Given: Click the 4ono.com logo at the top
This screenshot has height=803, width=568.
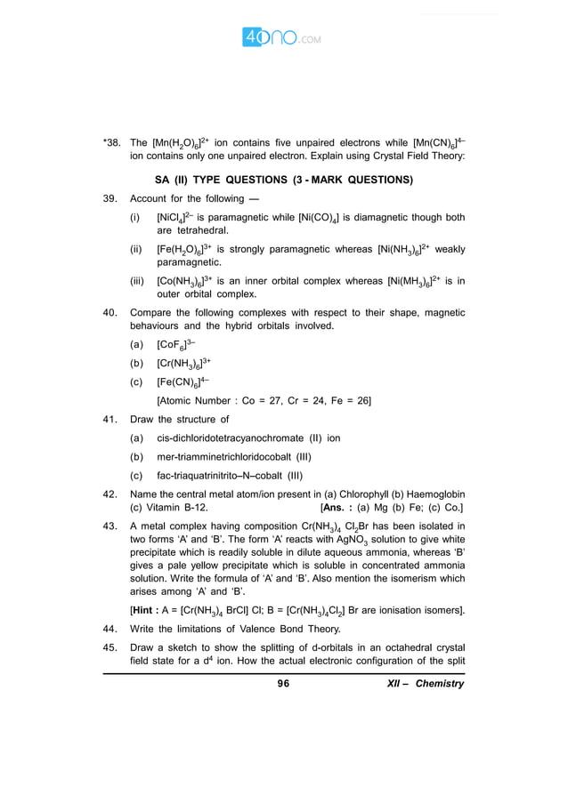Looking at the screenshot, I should (282, 38).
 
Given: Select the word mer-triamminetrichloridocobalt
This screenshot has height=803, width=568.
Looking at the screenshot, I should (228, 457).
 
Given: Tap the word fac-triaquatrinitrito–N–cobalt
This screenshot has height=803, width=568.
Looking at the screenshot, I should (223, 476).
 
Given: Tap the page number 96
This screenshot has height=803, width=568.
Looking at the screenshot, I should (284, 683).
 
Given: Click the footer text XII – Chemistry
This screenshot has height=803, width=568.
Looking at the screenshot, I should (426, 683).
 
